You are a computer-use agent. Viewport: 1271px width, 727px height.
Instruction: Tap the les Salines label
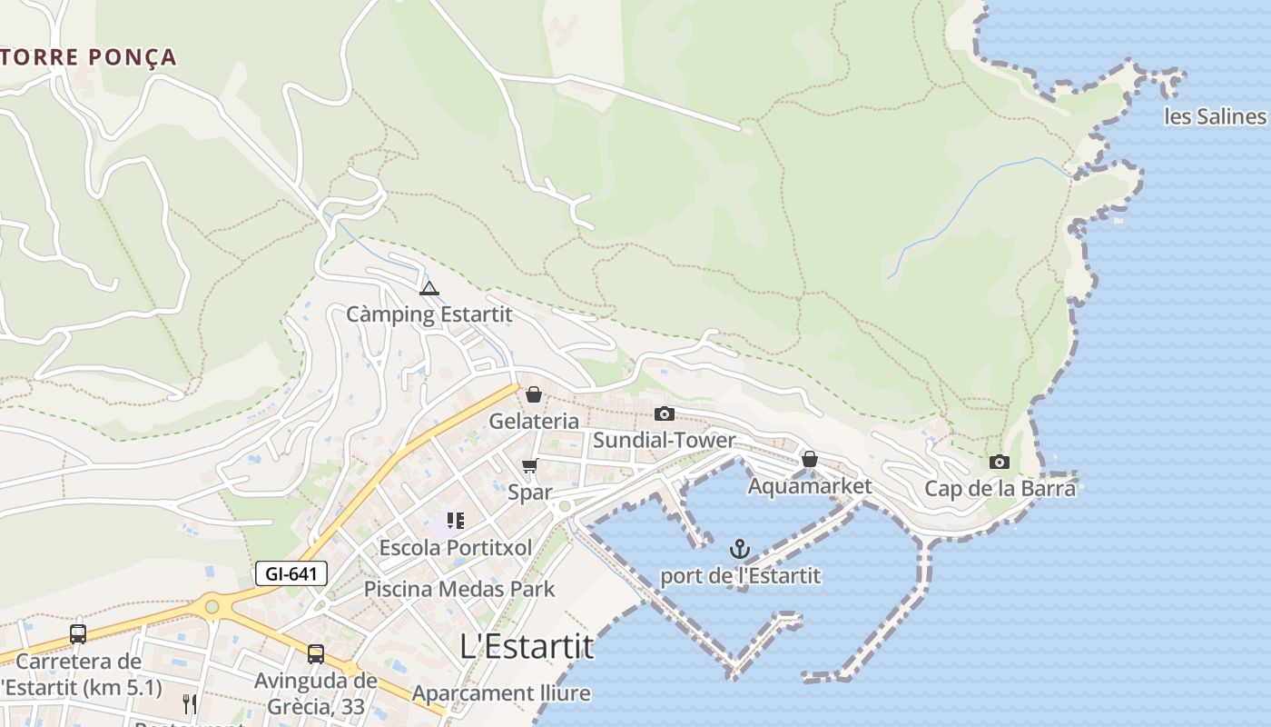point(1215,116)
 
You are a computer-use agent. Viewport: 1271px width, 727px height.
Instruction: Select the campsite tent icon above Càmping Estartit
point(429,289)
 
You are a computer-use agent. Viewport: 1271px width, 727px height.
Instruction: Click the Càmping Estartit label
point(429,314)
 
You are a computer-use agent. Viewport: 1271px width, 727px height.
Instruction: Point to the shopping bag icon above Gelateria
point(534,394)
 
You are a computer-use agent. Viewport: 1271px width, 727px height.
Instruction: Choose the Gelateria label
point(534,421)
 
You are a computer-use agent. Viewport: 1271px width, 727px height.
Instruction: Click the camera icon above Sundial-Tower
point(665,414)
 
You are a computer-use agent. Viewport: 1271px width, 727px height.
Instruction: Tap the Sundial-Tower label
point(665,441)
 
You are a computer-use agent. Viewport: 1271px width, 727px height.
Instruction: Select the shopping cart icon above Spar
point(530,466)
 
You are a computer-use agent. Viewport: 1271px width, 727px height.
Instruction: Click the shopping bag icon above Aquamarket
point(809,460)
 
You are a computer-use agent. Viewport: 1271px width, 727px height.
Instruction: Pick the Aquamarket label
point(809,486)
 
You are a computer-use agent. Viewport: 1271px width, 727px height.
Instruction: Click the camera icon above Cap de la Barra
point(1000,463)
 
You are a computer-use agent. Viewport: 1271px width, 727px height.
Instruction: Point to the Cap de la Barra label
point(1000,489)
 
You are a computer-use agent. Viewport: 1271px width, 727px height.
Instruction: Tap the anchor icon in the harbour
point(740,549)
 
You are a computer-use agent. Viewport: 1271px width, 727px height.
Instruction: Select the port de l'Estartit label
point(740,575)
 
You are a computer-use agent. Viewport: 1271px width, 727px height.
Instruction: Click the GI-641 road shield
point(291,573)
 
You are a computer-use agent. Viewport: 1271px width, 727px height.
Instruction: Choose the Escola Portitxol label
point(455,547)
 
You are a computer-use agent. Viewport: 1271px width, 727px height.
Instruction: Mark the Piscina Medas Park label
point(458,589)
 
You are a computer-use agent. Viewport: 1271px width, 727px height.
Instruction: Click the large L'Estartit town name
point(527,646)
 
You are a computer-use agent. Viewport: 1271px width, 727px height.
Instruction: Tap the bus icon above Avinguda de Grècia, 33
point(316,653)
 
